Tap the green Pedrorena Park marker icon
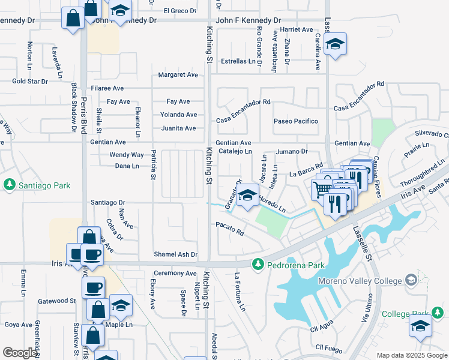click(258, 264)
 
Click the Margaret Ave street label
click(178, 75)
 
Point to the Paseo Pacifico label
click(295, 121)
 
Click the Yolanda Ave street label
click(178, 115)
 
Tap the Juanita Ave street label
click(178, 128)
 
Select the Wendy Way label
click(126, 155)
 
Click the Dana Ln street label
click(127, 166)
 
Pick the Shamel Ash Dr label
click(175, 254)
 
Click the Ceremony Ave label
click(175, 273)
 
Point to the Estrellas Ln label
click(238, 61)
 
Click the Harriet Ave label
click(297, 29)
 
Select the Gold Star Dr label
click(30, 81)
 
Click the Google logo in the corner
click(20, 352)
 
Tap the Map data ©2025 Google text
click(411, 355)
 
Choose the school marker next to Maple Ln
click(121, 305)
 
